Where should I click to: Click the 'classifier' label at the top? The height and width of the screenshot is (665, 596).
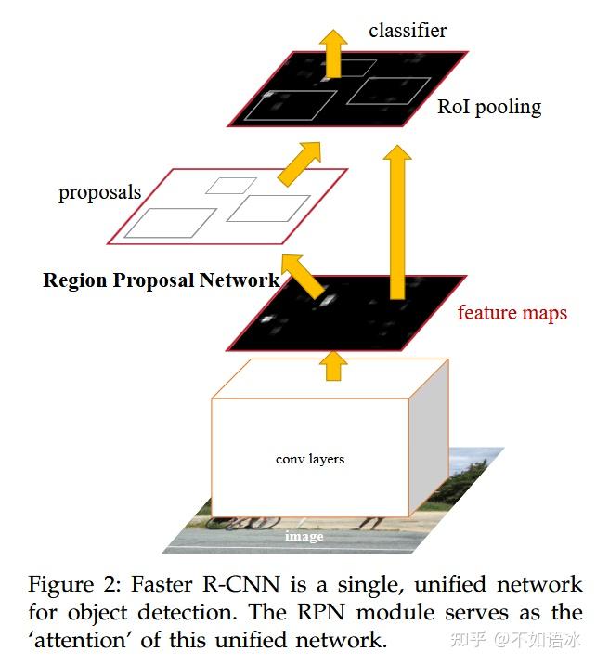tap(407, 31)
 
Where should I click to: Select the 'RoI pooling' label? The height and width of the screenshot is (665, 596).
tap(488, 107)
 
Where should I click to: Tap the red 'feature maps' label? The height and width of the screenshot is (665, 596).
tap(512, 313)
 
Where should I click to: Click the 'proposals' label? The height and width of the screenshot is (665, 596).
tap(99, 193)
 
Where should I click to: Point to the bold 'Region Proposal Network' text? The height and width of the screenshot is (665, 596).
tap(161, 280)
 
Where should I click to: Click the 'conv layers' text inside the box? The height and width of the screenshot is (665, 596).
tap(310, 459)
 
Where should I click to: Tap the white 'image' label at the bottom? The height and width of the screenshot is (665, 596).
tap(304, 537)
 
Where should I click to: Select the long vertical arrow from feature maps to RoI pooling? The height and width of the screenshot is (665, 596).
tap(397, 223)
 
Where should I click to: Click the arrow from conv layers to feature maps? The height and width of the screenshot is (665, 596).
tap(331, 364)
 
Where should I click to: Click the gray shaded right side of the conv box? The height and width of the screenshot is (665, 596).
tap(431, 446)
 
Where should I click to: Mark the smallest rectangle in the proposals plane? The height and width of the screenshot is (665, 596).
tap(224, 185)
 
